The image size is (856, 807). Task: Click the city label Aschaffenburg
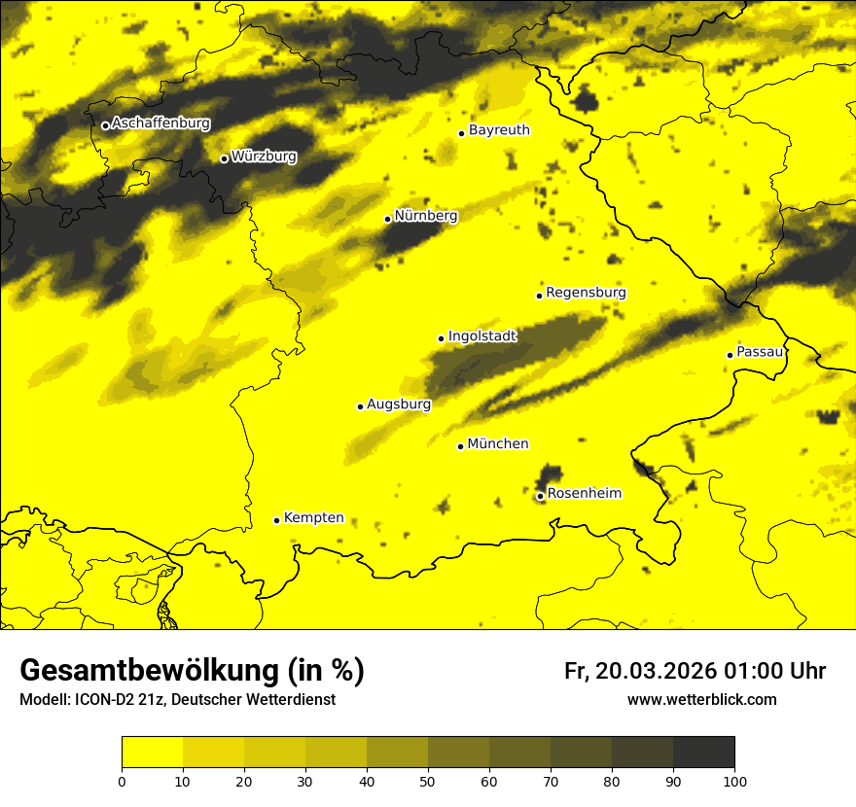tap(160, 123)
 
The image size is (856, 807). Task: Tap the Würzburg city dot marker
tap(224, 158)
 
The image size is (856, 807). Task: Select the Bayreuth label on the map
tap(499, 130)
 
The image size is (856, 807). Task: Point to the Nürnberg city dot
tap(387, 219)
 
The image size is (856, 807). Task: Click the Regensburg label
tap(586, 293)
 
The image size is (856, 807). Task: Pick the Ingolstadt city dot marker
tap(441, 338)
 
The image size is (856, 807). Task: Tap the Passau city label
tap(760, 352)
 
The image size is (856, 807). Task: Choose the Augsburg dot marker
tap(360, 406)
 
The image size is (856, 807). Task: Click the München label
tap(498, 444)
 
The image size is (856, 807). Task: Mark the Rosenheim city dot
tap(540, 496)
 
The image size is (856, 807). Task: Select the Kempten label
tap(313, 518)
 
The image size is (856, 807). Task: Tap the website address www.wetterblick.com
tap(701, 700)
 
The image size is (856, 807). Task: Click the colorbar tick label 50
tap(428, 781)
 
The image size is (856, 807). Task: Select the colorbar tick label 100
tap(734, 781)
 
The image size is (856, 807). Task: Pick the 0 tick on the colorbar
tap(122, 781)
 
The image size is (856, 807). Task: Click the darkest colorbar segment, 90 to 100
tap(703, 753)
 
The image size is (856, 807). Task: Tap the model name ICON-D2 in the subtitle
tap(103, 700)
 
